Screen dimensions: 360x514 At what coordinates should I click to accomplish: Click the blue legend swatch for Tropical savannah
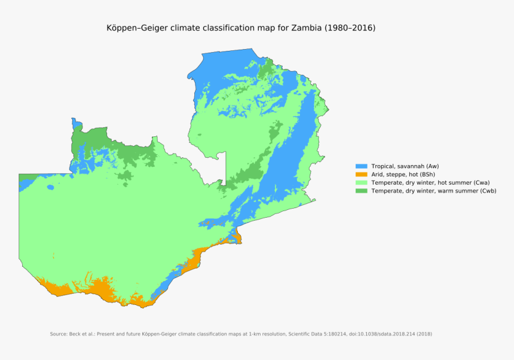tap(361, 166)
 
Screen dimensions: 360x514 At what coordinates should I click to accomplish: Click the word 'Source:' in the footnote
tap(59, 334)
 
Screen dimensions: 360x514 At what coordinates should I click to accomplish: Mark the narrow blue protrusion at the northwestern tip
tap(75, 123)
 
